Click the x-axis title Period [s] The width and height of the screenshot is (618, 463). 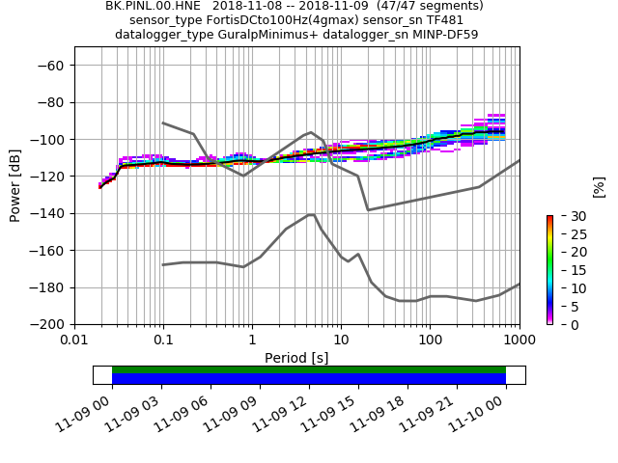point(296,358)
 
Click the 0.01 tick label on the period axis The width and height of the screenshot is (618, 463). point(74,340)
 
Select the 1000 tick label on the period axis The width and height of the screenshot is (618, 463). point(520,340)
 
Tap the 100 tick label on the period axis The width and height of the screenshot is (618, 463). point(430,340)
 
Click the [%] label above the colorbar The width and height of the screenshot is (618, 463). point(599,185)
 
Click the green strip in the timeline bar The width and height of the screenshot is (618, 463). point(309,369)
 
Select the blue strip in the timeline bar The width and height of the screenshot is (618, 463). point(309,379)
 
